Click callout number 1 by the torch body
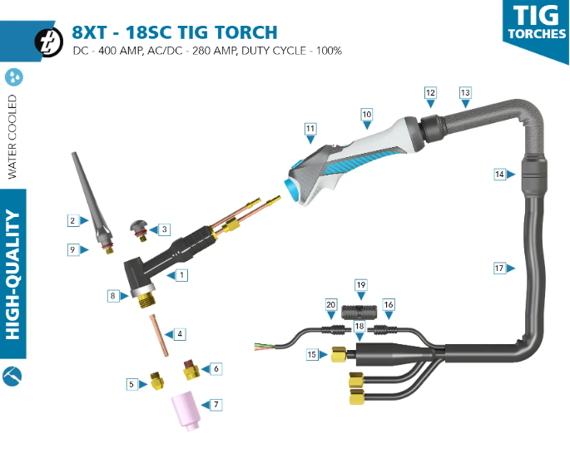[181, 273]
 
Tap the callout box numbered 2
[73, 220]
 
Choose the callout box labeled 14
[498, 175]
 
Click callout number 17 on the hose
[498, 268]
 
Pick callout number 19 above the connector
[360, 285]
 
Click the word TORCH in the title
[240, 33]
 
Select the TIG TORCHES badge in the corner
[535, 22]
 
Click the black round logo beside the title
[49, 41]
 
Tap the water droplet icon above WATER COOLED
[14, 77]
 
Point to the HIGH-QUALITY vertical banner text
[13, 275]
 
